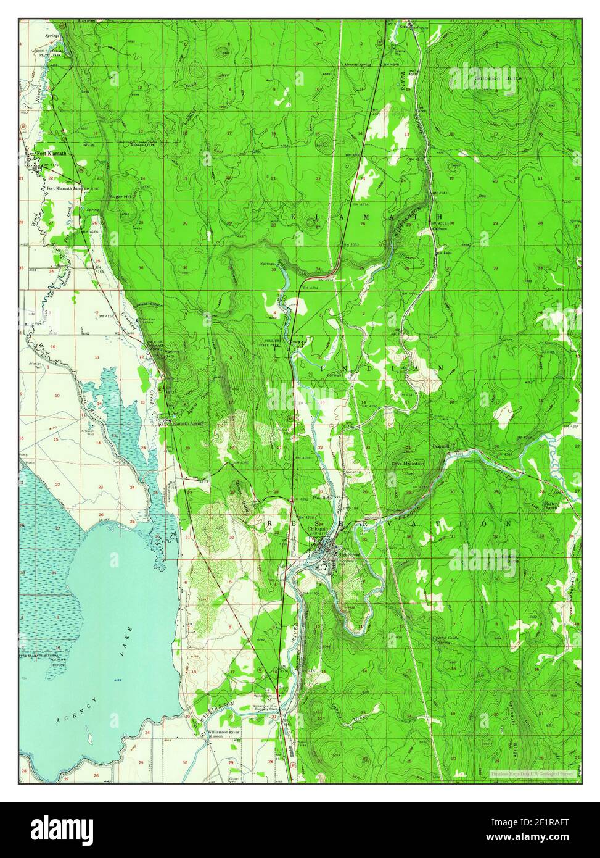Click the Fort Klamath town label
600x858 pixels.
pos(51,154)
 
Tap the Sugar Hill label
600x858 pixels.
pos(120,196)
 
